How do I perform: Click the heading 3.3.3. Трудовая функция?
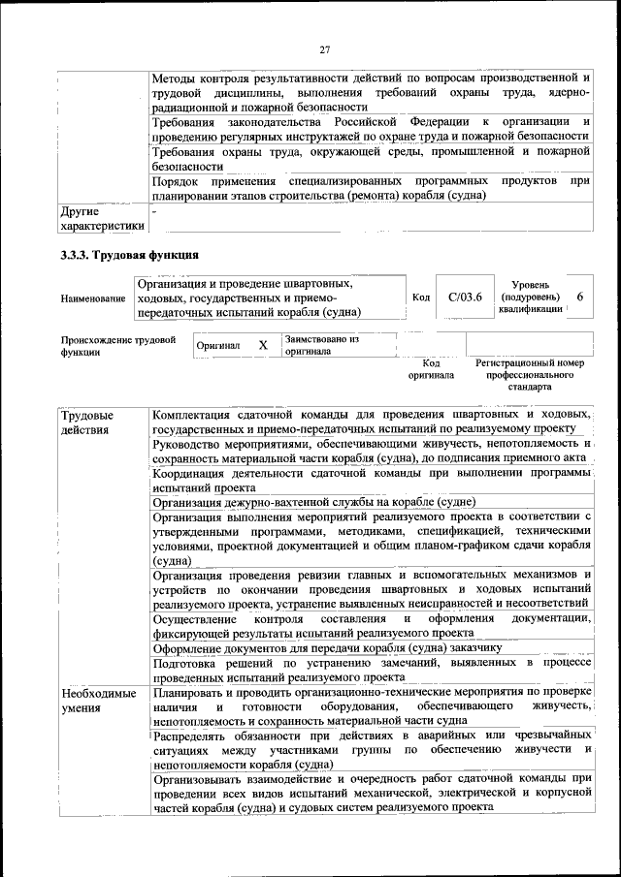[x=130, y=256]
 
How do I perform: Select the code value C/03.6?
[x=459, y=298]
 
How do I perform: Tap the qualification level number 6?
[x=579, y=298]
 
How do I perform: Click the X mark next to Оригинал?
[x=262, y=345]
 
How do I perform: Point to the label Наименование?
[x=95, y=298]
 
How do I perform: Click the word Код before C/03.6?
[x=421, y=298]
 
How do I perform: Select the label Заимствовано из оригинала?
[x=322, y=345]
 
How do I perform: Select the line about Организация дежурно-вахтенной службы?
[x=313, y=502]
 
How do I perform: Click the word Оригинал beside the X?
[x=218, y=346]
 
